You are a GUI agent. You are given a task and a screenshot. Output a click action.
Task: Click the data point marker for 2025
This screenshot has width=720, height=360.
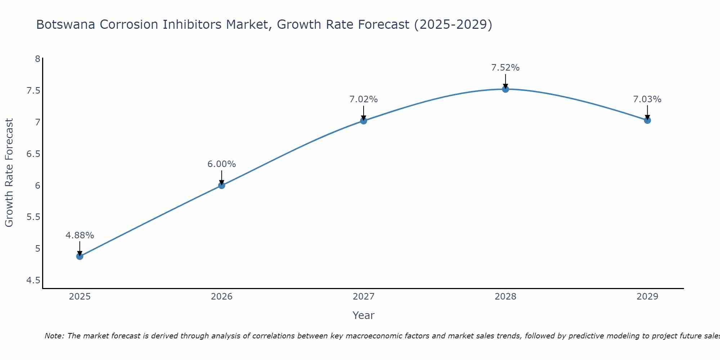pyautogui.click(x=80, y=256)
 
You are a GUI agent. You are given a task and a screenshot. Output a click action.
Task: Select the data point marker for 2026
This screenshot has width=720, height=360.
pyautogui.click(x=222, y=185)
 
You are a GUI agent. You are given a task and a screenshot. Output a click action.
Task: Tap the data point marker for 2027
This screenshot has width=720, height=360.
pyautogui.click(x=364, y=121)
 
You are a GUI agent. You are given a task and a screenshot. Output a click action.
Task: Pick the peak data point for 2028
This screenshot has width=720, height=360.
pyautogui.click(x=505, y=89)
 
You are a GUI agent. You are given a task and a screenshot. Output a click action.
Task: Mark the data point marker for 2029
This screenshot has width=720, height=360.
pyautogui.click(x=647, y=120)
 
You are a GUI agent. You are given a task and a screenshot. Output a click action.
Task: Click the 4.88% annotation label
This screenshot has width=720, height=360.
pyautogui.click(x=80, y=235)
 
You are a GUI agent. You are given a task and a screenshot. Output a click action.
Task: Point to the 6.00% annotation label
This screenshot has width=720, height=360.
pyautogui.click(x=222, y=164)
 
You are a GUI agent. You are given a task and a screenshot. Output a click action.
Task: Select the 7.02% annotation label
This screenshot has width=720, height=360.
pyautogui.click(x=364, y=99)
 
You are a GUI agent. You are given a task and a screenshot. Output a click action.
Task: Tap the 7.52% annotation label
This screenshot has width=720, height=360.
pyautogui.click(x=505, y=68)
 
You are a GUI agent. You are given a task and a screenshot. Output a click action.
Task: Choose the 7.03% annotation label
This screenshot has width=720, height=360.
pyautogui.click(x=647, y=99)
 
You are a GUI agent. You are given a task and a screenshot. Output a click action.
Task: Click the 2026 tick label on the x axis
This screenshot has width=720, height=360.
pyautogui.click(x=222, y=297)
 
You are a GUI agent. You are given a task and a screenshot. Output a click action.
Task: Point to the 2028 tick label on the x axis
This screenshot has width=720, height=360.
pyautogui.click(x=505, y=297)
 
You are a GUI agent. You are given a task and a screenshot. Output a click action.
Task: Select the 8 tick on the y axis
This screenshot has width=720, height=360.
pyautogui.click(x=37, y=59)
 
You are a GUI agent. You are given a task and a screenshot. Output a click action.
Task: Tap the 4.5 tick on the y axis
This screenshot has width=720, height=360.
pyautogui.click(x=33, y=280)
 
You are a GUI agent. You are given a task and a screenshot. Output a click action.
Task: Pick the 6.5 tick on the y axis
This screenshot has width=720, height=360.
pyautogui.click(x=33, y=154)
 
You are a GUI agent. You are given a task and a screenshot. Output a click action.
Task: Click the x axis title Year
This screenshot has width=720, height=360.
pyautogui.click(x=364, y=315)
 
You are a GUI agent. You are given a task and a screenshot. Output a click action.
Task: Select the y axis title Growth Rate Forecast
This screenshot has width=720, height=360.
pyautogui.click(x=9, y=173)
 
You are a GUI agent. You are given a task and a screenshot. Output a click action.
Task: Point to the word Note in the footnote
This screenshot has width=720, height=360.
pyautogui.click(x=54, y=336)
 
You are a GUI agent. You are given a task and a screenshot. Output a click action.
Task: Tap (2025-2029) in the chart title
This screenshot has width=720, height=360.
pyautogui.click(x=453, y=25)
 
